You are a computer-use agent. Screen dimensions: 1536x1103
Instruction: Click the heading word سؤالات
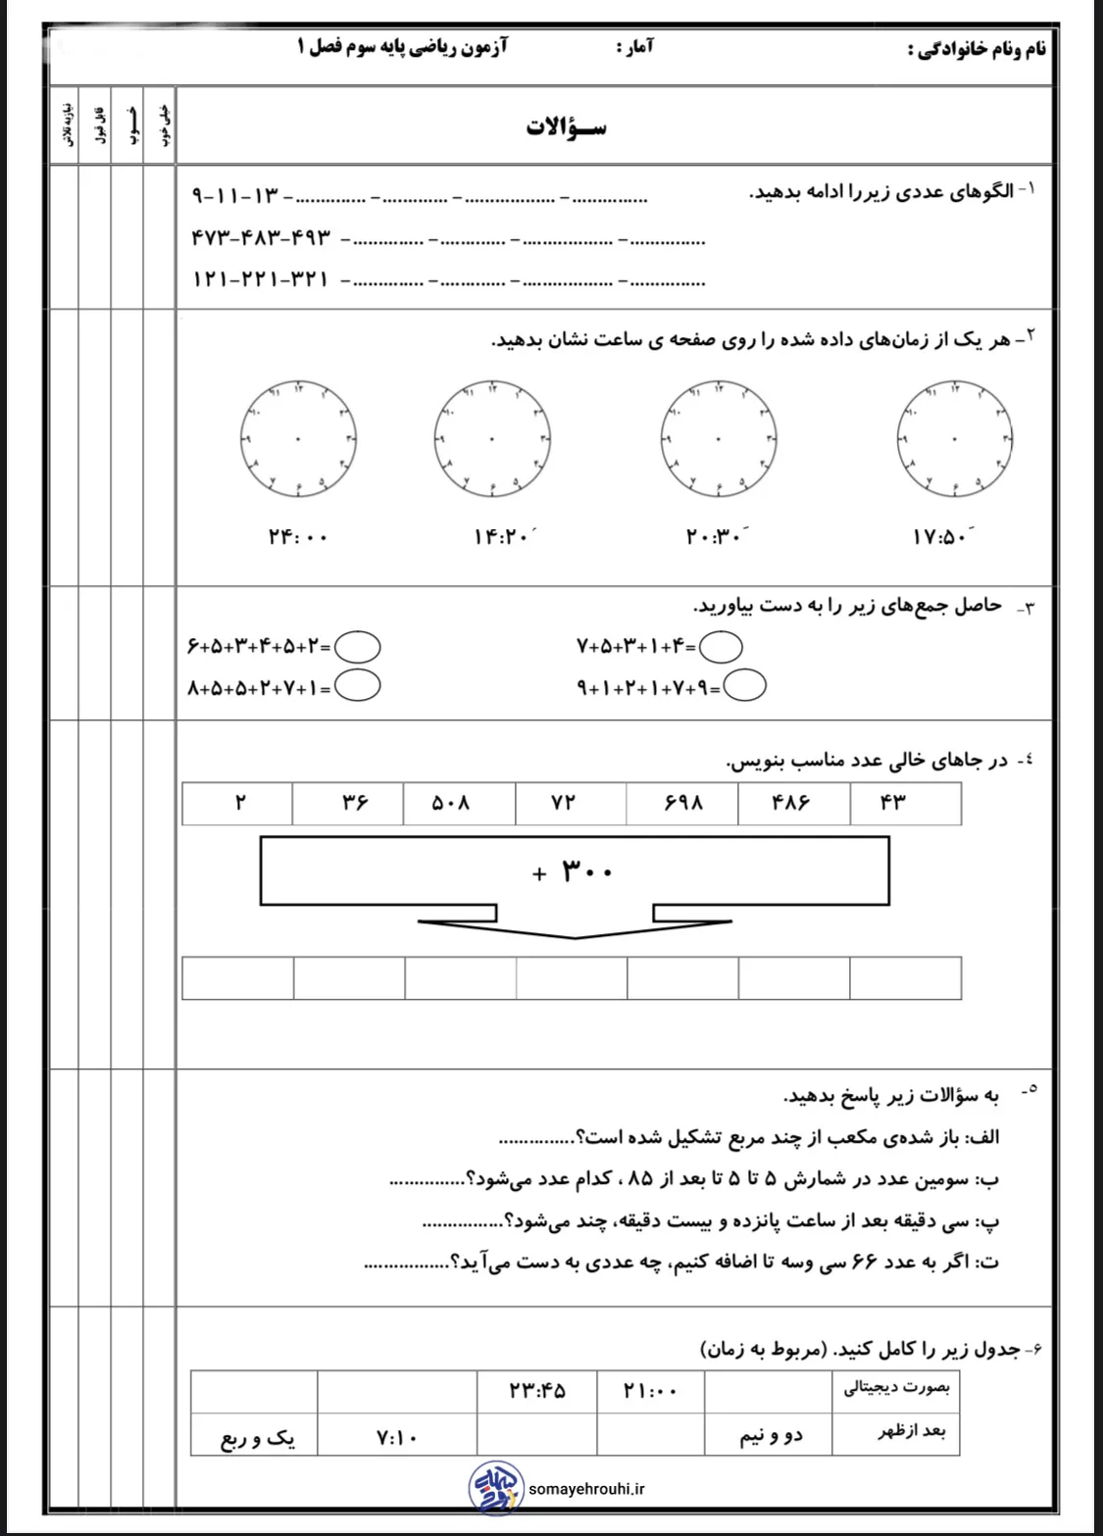(x=566, y=128)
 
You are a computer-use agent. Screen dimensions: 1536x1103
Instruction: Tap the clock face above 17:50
(x=954, y=438)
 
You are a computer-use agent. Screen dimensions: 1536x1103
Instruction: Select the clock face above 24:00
(x=297, y=438)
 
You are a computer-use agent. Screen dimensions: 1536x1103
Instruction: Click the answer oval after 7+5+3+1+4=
(x=722, y=646)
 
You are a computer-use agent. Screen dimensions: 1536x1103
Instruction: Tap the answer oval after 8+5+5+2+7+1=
(x=359, y=686)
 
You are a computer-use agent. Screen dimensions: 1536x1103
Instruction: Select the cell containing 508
(x=459, y=804)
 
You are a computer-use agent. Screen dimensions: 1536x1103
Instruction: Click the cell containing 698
(x=682, y=804)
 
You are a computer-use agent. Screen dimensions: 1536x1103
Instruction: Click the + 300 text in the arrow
(x=574, y=870)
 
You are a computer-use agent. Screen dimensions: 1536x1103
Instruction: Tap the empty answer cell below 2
(x=238, y=978)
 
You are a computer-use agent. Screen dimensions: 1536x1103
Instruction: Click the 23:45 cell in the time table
(x=537, y=1391)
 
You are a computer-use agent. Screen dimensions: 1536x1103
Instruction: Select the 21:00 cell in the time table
(x=650, y=1391)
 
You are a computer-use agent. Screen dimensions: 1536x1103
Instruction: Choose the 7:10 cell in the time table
(x=396, y=1438)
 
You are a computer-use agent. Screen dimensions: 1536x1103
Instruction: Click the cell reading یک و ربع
(x=257, y=1438)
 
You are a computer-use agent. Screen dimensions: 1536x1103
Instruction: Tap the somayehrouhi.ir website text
(x=586, y=1489)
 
